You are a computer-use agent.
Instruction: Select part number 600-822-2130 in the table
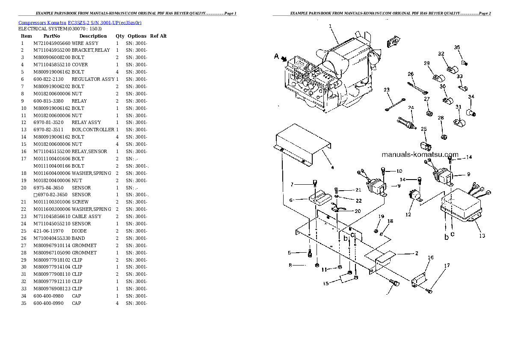click(x=48, y=79)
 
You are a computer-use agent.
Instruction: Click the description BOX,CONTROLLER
click(x=93, y=130)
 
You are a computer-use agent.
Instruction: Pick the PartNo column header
click(x=51, y=36)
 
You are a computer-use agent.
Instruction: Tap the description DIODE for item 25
click(x=79, y=231)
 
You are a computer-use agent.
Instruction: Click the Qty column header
click(x=119, y=36)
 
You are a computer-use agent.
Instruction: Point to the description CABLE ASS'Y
click(x=87, y=216)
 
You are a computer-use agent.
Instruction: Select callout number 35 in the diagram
click(x=457, y=47)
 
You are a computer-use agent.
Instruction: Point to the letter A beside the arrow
click(x=276, y=56)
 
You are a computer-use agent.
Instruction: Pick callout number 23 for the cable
click(x=387, y=90)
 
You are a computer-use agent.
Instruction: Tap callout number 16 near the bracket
click(x=430, y=258)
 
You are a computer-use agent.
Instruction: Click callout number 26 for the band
click(x=411, y=74)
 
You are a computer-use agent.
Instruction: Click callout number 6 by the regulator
click(x=290, y=200)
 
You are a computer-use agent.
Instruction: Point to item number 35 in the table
click(x=23, y=303)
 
